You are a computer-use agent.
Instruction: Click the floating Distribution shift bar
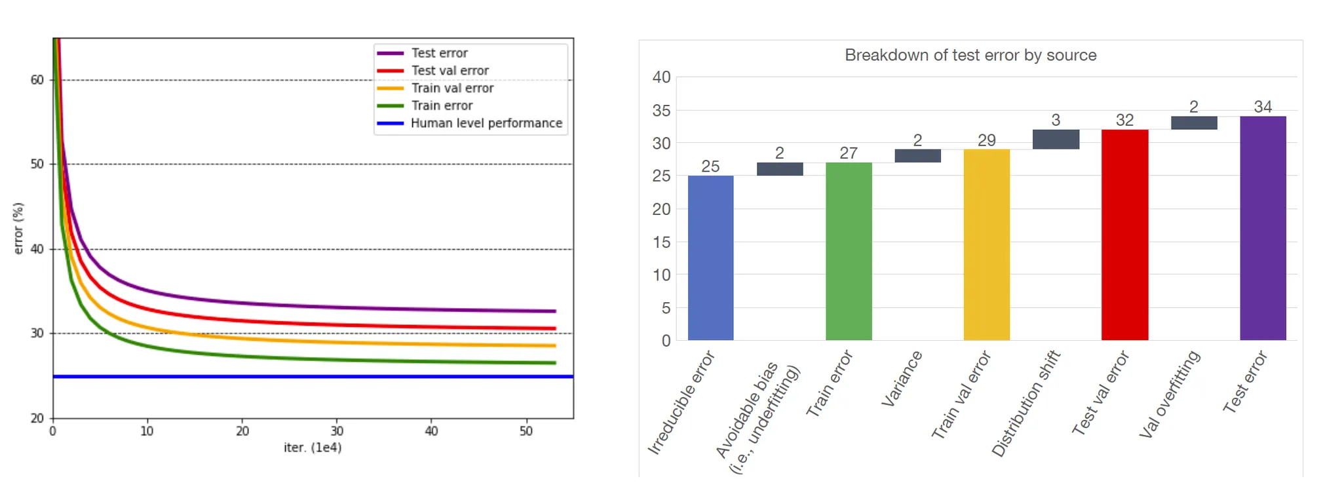(x=1056, y=139)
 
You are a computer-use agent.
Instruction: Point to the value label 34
(x=1263, y=107)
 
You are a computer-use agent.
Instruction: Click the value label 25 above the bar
(x=710, y=166)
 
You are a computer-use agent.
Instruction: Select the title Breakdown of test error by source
(x=970, y=55)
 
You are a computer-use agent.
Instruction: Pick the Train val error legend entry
(x=452, y=88)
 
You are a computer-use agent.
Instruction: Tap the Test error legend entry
(x=439, y=53)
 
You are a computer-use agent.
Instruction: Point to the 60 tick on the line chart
(x=37, y=80)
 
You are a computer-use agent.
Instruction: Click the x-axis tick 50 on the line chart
(x=526, y=431)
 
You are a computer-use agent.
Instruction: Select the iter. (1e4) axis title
(x=313, y=448)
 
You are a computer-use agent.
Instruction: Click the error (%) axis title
(x=18, y=228)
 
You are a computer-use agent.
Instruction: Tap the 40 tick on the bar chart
(x=661, y=77)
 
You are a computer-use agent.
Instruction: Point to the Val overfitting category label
(x=1170, y=394)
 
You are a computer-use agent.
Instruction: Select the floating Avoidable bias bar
(x=780, y=169)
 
